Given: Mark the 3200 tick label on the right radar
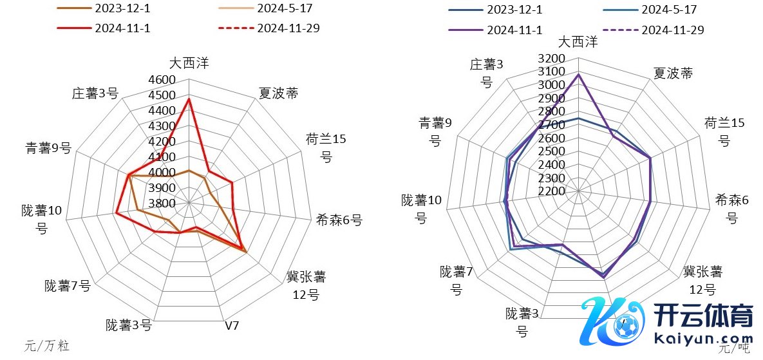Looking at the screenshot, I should pyautogui.click(x=552, y=59).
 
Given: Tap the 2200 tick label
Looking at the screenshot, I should pyautogui.click(x=552, y=191).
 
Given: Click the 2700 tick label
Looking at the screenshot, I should pyautogui.click(x=552, y=125).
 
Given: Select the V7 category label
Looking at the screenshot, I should pyautogui.click(x=232, y=325).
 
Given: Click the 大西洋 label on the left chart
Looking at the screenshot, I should pyautogui.click(x=189, y=63).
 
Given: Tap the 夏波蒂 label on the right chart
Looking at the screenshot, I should pyautogui.click(x=673, y=73).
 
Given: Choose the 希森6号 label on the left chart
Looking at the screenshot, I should pyautogui.click(x=339, y=220).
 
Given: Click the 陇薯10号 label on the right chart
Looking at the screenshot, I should pyautogui.click(x=421, y=209).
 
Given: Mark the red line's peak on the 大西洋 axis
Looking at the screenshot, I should pyautogui.click(x=189, y=99).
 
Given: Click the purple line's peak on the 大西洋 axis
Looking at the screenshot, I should pyautogui.click(x=578, y=74).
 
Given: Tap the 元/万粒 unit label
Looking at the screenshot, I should pyautogui.click(x=47, y=346).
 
